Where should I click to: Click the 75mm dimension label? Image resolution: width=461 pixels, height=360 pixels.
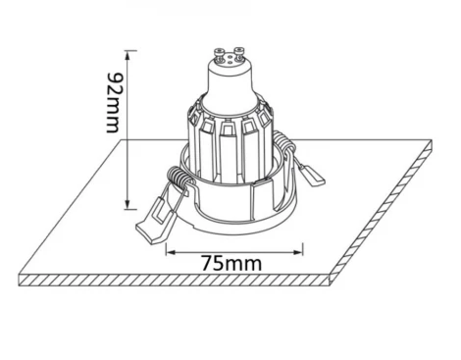click(x=224, y=263)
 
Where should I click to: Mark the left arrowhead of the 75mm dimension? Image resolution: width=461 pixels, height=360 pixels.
click(x=168, y=251)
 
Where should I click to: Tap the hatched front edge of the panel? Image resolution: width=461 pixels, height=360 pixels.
click(x=177, y=283)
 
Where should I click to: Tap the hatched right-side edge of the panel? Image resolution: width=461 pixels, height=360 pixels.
click(x=387, y=212)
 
